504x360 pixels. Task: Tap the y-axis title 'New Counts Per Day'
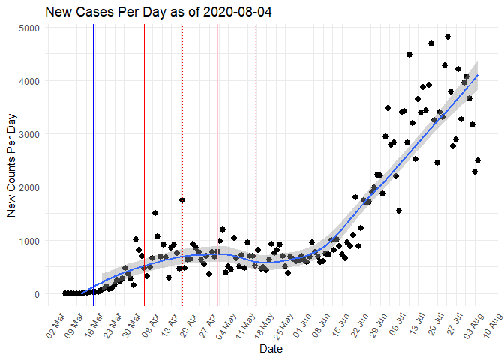tap(12, 162)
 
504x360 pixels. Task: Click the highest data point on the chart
tap(447, 37)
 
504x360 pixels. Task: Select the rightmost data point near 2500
tap(478, 160)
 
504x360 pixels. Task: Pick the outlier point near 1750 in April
tap(182, 200)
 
